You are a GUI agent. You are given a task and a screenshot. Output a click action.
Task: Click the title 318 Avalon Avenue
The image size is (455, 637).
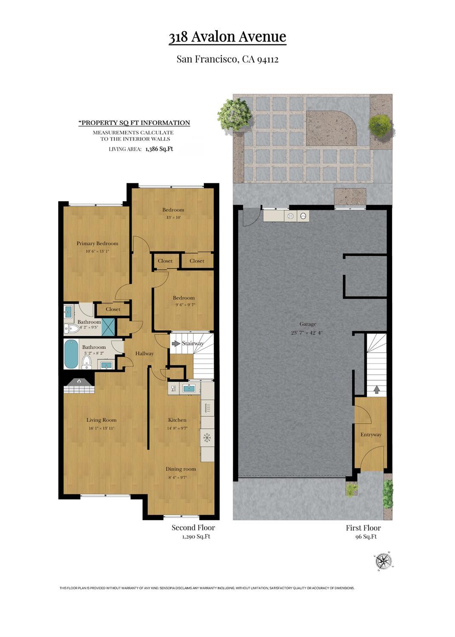coord(227,37)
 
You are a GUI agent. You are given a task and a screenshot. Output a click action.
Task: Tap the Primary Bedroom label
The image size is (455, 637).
coord(97,243)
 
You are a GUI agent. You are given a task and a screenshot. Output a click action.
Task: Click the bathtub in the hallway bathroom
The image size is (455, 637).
coord(71,354)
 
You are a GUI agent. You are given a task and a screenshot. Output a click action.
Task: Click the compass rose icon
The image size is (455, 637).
coord(384,561)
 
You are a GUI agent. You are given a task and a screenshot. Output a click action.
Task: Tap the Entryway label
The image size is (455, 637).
coord(371,434)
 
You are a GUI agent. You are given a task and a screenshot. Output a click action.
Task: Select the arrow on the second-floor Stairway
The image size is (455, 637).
coord(175,343)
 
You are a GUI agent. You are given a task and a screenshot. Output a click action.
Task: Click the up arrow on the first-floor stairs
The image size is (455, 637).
coord(376,389)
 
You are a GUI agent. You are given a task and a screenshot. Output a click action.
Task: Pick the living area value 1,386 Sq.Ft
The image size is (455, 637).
coord(159,149)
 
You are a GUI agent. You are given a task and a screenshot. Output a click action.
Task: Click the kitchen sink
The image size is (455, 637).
coord(189,388)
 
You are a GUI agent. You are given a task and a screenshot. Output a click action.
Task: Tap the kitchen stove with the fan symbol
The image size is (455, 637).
coord(207,437)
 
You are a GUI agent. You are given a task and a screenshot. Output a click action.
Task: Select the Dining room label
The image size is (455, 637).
coord(181,469)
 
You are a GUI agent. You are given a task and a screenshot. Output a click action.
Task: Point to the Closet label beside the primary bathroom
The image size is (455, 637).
coord(113,309)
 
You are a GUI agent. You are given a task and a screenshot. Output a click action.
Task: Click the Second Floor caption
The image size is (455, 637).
coord(193,527)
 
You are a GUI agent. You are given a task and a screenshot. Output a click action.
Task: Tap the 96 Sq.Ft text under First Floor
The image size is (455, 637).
coord(366,537)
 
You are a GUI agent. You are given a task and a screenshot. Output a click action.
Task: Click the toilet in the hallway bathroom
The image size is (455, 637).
coord(87,362)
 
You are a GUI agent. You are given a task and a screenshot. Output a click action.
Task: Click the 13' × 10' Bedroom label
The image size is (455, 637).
coord(173,210)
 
